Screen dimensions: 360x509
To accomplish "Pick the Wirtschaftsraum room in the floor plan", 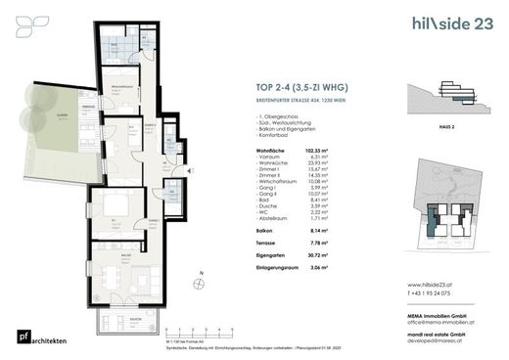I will pos(124,94).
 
